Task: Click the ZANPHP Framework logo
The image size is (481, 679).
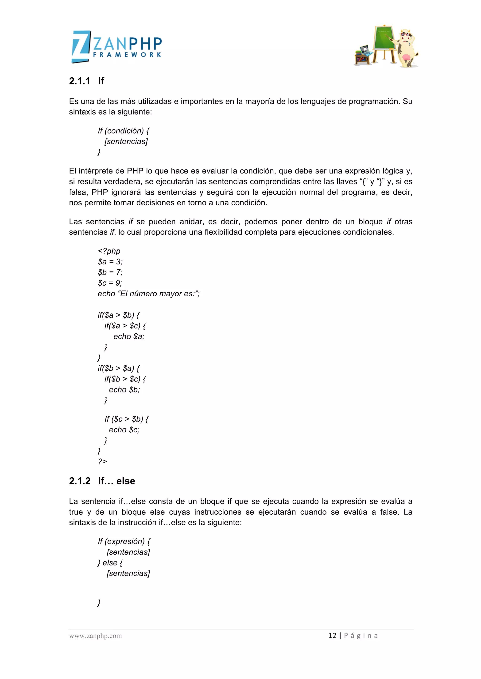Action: pyautogui.click(x=117, y=46)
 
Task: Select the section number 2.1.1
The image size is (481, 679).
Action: pyautogui.click(x=79, y=81)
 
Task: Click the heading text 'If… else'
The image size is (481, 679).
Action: pyautogui.click(x=117, y=481)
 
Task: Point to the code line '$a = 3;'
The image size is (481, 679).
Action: pyautogui.click(x=110, y=262)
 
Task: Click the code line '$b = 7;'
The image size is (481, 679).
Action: pyautogui.click(x=110, y=272)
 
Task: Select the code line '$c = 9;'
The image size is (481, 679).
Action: pyautogui.click(x=110, y=283)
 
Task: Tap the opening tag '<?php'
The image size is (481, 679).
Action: pyautogui.click(x=109, y=251)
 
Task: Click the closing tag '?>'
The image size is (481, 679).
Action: pyautogui.click(x=102, y=461)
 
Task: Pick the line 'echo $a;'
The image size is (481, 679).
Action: pyautogui.click(x=129, y=336)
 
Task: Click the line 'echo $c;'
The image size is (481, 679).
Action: pyautogui.click(x=124, y=430)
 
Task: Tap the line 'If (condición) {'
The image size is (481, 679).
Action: pyautogui.click(x=124, y=131)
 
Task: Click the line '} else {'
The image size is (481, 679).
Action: pyautogui.click(x=110, y=563)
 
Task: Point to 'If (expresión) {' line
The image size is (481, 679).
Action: pyautogui.click(x=124, y=541)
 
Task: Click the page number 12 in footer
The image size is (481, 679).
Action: pyautogui.click(x=332, y=636)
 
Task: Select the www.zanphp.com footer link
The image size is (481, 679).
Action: pyautogui.click(x=95, y=636)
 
